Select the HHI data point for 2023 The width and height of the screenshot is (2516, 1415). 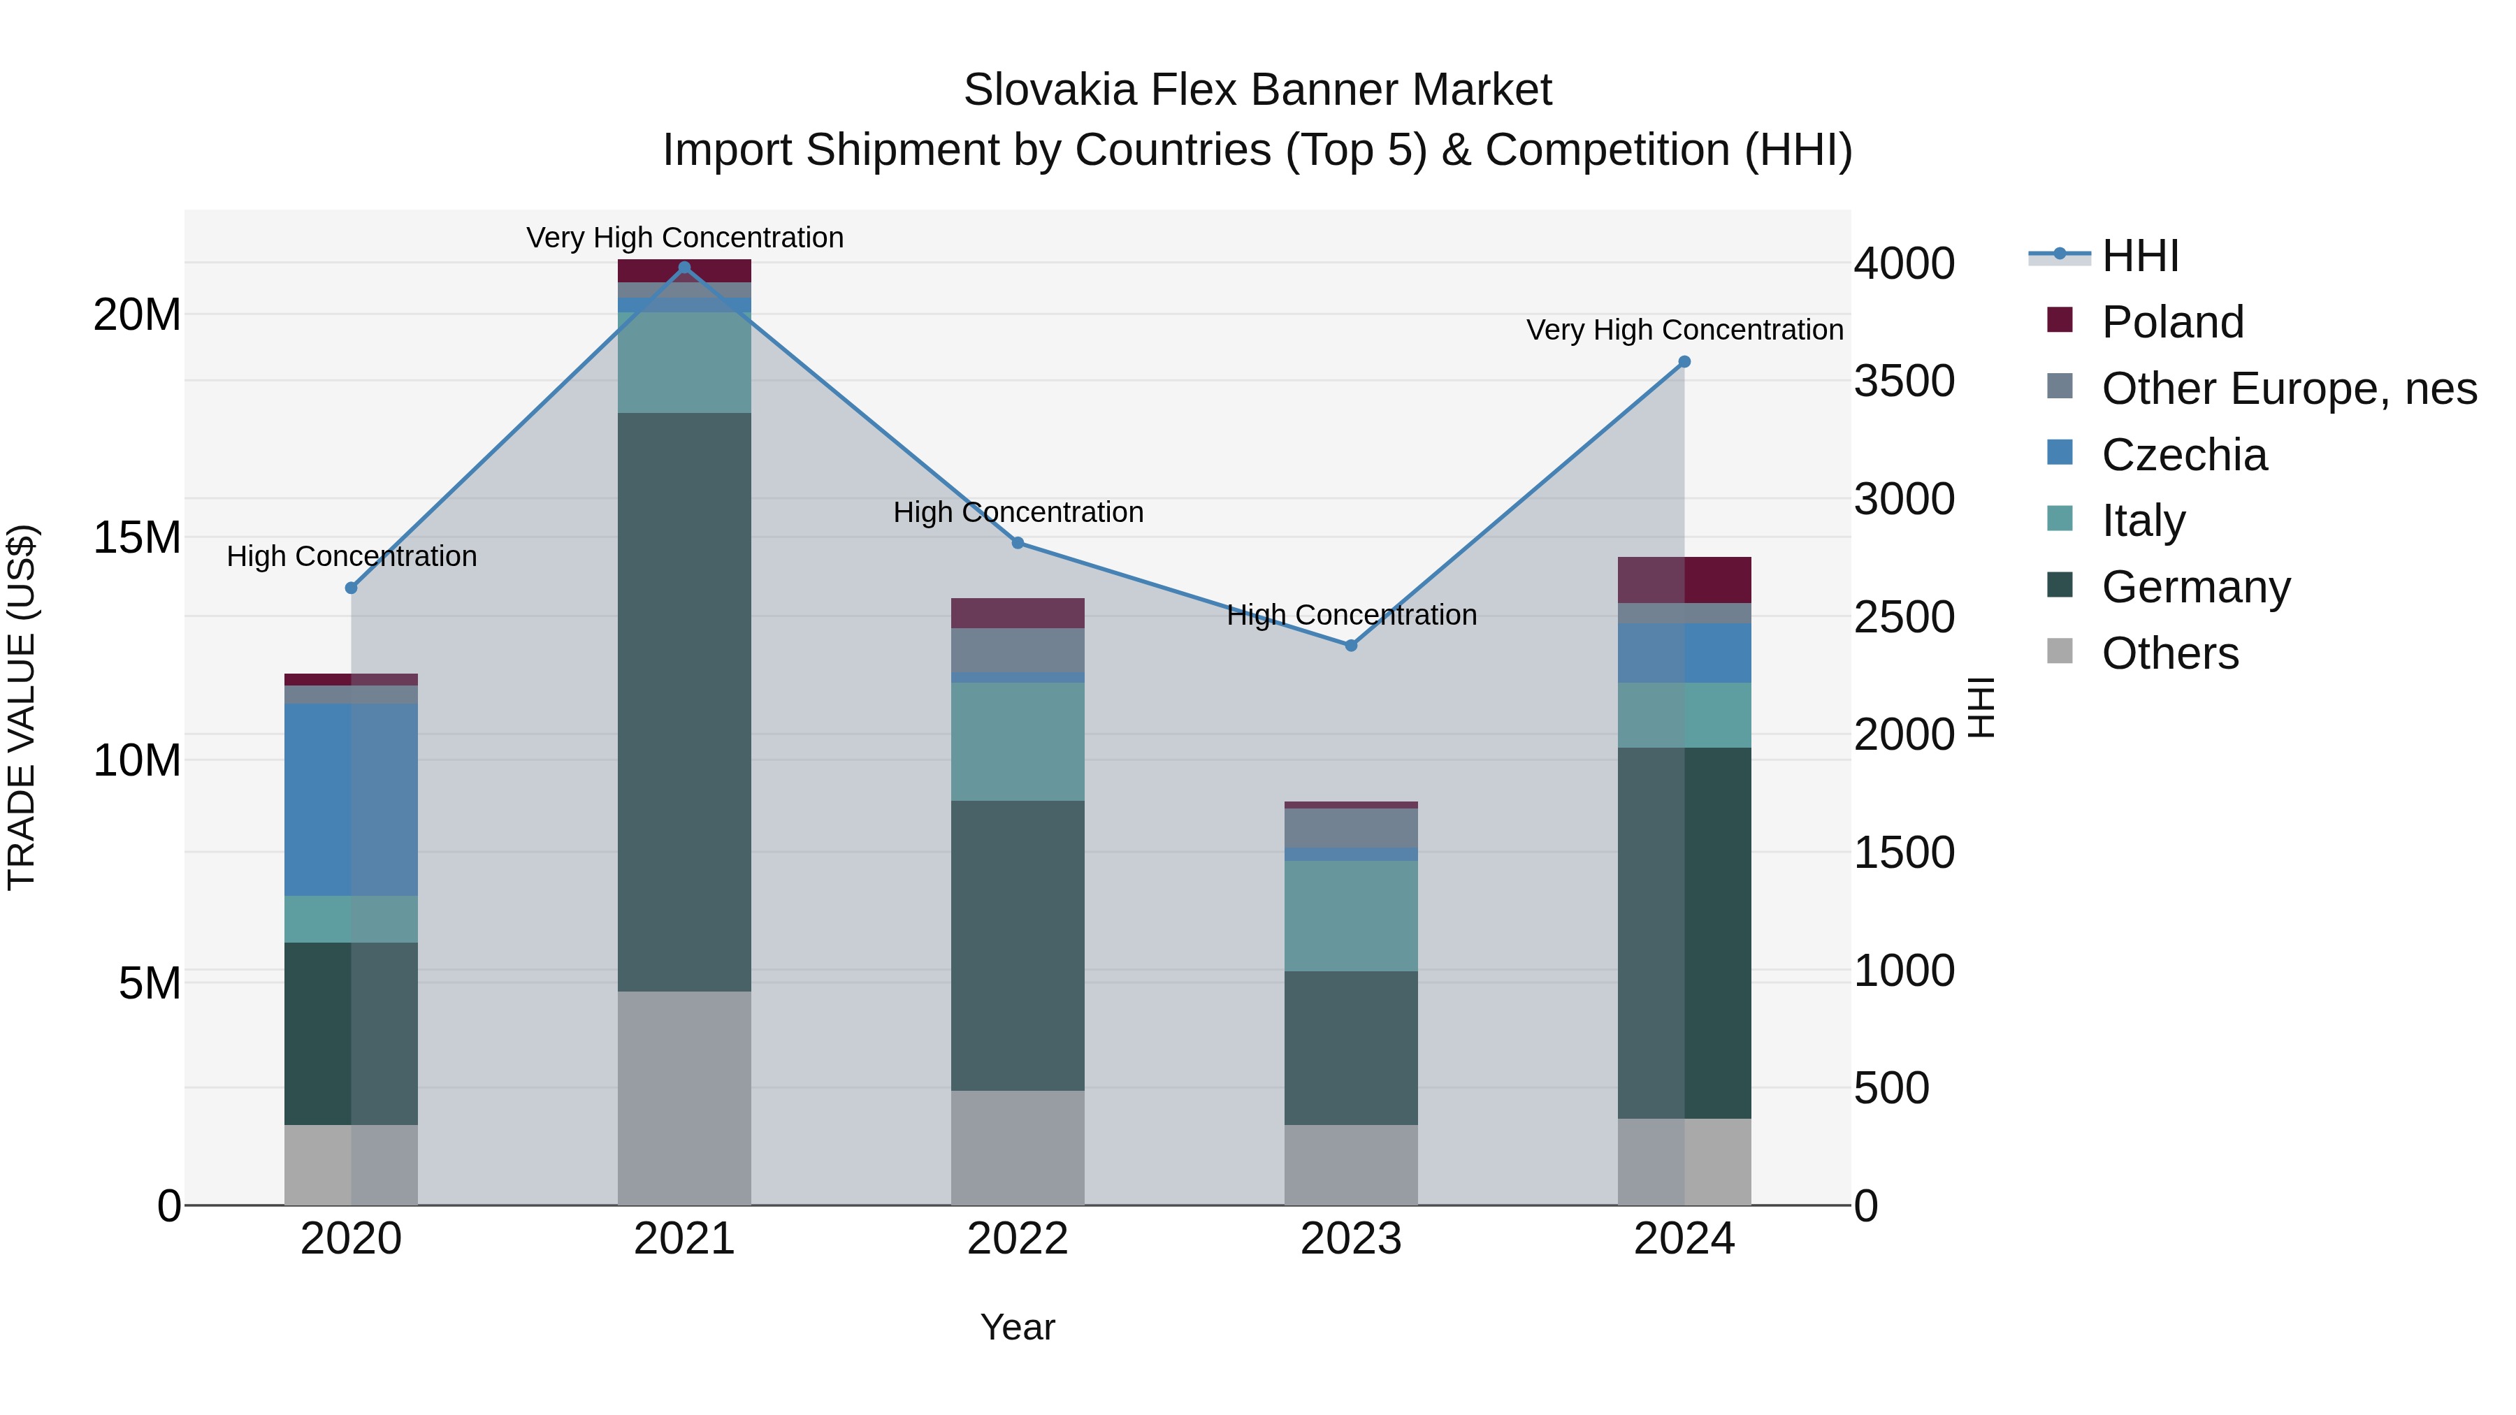pyautogui.click(x=1351, y=646)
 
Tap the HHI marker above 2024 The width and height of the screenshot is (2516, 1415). pyautogui.click(x=1684, y=362)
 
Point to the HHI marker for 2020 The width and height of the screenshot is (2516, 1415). pyautogui.click(x=352, y=588)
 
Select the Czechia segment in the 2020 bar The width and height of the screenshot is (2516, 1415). pyautogui.click(x=351, y=799)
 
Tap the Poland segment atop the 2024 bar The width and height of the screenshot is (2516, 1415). pyautogui.click(x=1684, y=580)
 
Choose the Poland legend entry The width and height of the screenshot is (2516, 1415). pyautogui.click(x=2172, y=322)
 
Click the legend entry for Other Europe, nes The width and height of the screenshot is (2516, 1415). pyautogui.click(x=2288, y=389)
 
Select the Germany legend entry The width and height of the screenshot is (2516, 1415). pyautogui.click(x=2196, y=587)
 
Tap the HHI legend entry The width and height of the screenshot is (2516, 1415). pyautogui.click(x=2139, y=256)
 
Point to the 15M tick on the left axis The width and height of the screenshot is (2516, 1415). pyautogui.click(x=137, y=538)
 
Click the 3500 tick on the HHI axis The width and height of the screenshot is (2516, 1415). pyautogui.click(x=1904, y=381)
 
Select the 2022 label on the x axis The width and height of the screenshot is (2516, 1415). pyautogui.click(x=1017, y=1239)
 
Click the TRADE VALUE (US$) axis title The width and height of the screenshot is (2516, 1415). pyautogui.click(x=22, y=707)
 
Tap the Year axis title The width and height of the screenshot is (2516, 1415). pyautogui.click(x=1017, y=1327)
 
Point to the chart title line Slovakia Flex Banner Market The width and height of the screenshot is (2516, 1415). pyautogui.click(x=1257, y=90)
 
